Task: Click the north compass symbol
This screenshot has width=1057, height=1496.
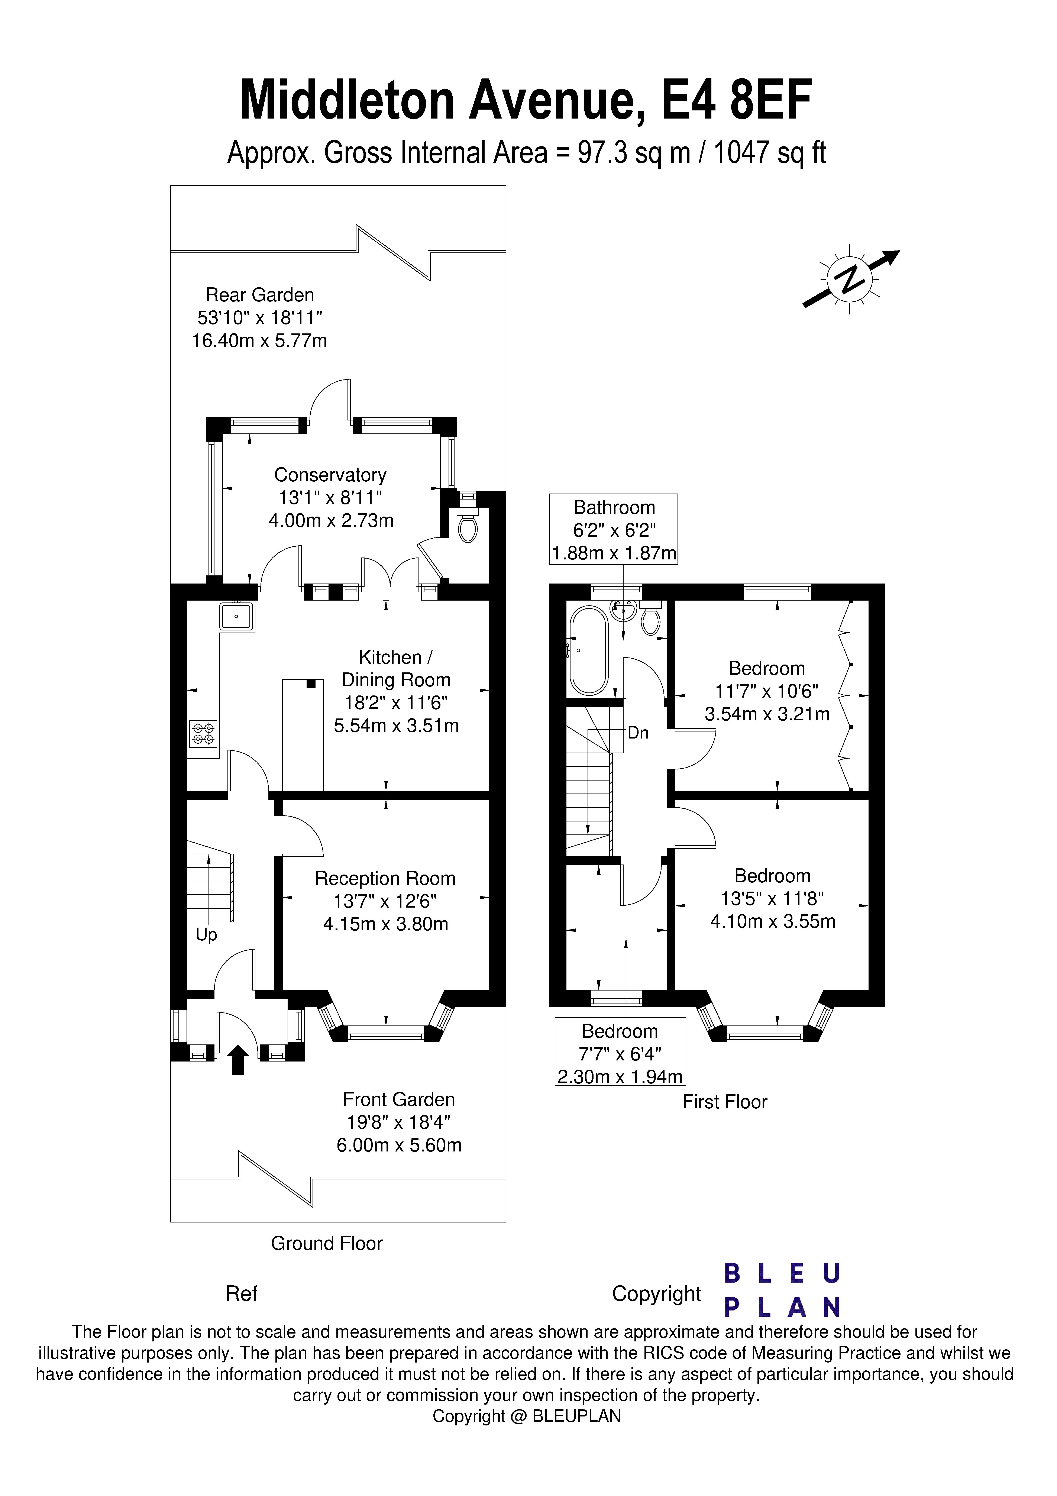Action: (x=850, y=279)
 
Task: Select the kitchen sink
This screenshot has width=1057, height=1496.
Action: (x=237, y=616)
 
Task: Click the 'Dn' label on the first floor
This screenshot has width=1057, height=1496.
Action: (x=638, y=733)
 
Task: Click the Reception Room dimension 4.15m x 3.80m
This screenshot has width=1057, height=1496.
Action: (x=386, y=924)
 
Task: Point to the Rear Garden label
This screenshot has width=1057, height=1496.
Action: (x=259, y=295)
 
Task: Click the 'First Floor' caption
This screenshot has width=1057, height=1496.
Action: (x=725, y=1102)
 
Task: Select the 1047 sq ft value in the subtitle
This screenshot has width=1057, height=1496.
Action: (x=770, y=153)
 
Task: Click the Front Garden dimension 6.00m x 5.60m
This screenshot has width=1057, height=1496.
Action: (x=399, y=1145)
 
